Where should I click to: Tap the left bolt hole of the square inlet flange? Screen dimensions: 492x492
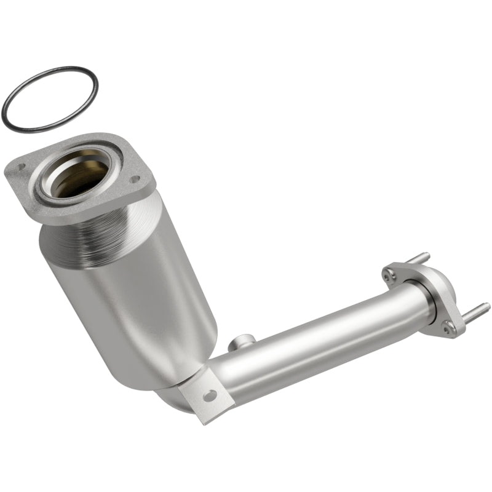tap(21, 166)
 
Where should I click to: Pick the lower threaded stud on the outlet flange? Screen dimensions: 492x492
tap(477, 311)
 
